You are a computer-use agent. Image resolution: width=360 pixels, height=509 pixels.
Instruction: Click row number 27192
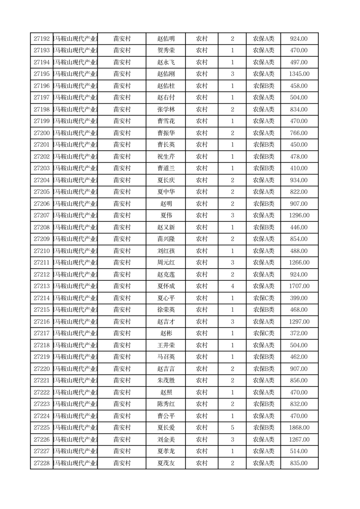pyautogui.click(x=42, y=39)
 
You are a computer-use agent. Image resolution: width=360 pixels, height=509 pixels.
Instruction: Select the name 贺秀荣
pyautogui.click(x=165, y=51)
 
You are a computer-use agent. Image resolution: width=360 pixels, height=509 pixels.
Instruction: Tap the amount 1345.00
pyautogui.click(x=299, y=74)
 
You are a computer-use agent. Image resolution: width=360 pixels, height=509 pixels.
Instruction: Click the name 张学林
pyautogui.click(x=165, y=109)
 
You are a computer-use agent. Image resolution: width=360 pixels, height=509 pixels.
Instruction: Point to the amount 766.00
pyautogui.click(x=299, y=133)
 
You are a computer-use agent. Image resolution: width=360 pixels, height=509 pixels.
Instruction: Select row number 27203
pyautogui.click(x=42, y=168)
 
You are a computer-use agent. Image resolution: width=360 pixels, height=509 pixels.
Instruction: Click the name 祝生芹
pyautogui.click(x=165, y=157)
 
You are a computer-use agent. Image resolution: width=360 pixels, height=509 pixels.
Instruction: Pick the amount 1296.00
pyautogui.click(x=299, y=215)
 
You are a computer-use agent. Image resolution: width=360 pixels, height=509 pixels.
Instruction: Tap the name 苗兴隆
pyautogui.click(x=165, y=239)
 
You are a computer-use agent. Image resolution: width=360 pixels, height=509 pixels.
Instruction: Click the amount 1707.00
pyautogui.click(x=299, y=286)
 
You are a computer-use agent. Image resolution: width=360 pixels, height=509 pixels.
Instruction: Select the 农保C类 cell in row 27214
pyautogui.click(x=263, y=298)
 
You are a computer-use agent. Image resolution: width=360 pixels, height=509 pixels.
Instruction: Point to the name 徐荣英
pyautogui.click(x=165, y=310)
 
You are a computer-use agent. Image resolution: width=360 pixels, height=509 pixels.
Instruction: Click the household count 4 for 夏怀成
pyautogui.click(x=232, y=286)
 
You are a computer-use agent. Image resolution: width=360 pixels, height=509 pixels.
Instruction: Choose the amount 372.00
pyautogui.click(x=299, y=333)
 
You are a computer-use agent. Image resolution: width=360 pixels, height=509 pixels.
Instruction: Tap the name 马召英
pyautogui.click(x=165, y=357)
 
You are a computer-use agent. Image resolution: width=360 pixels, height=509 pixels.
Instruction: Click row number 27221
pyautogui.click(x=42, y=381)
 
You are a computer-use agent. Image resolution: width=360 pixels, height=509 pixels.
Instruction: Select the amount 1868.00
pyautogui.click(x=299, y=428)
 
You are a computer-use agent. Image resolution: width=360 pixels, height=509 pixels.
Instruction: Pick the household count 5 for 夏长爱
pyautogui.click(x=232, y=428)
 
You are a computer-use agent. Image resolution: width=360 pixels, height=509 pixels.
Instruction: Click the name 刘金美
pyautogui.click(x=165, y=440)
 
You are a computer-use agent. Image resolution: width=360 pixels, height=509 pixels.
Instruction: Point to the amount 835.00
pyautogui.click(x=299, y=463)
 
